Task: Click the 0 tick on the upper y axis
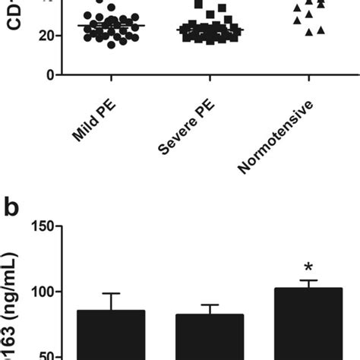(x=49, y=74)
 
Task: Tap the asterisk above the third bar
(x=308, y=267)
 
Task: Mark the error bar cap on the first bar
(x=111, y=293)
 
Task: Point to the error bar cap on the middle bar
(x=209, y=305)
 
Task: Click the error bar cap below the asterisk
(x=308, y=280)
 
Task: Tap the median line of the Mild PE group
(x=111, y=26)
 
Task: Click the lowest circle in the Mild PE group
(x=112, y=46)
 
